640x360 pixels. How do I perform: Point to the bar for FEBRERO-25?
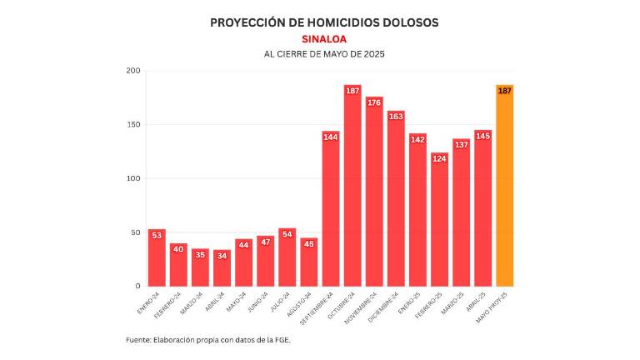[x=439, y=221]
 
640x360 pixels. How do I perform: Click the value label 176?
[x=374, y=102]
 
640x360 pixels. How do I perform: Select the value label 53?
[x=157, y=236]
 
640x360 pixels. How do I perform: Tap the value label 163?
[x=396, y=117]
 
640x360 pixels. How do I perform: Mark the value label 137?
[x=461, y=144]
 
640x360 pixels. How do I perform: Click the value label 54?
[x=287, y=234]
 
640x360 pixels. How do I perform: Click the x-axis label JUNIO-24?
[x=257, y=302]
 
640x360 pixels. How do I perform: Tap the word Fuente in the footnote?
[x=138, y=340]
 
